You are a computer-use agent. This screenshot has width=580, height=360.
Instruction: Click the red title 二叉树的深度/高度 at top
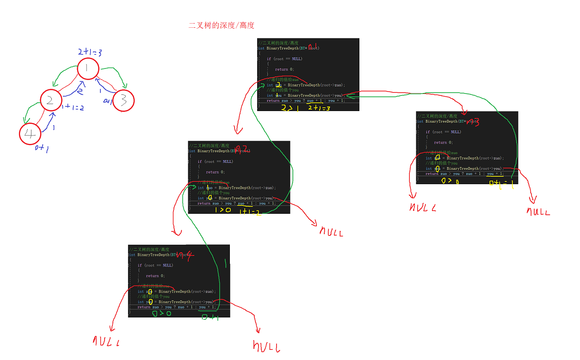point(222,25)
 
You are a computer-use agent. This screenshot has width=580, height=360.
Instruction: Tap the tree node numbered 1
point(88,68)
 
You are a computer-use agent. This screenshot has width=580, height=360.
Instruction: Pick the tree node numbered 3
point(123,100)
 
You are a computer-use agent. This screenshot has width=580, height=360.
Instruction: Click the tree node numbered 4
point(30,134)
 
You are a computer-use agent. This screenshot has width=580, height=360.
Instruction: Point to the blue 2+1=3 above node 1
point(90,52)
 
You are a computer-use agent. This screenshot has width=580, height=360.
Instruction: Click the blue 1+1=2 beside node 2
point(73,107)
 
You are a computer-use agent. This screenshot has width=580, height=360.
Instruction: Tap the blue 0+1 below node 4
point(42,148)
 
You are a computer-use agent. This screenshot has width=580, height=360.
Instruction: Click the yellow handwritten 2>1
point(290,108)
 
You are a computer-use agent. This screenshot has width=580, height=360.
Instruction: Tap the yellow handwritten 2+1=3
point(319,108)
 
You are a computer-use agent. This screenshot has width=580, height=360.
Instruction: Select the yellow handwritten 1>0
point(222,211)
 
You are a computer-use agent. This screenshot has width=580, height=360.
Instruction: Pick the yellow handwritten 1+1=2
point(250,211)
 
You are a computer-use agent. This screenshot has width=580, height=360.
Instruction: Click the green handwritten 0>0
point(161,314)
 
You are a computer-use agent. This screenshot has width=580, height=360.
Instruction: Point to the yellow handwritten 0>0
point(449,181)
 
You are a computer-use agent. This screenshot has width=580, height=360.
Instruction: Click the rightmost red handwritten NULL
point(538,212)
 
